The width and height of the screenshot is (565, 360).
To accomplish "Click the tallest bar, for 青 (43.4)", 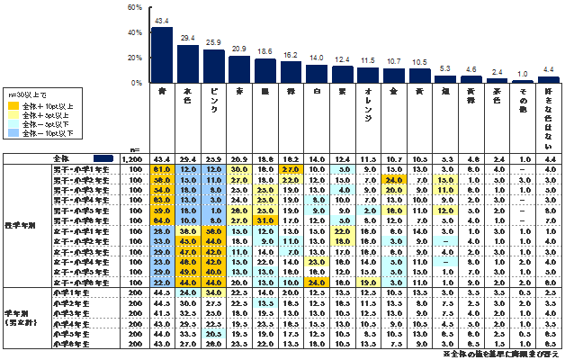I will point(162,55).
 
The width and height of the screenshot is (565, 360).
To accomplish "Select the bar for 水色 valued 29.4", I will point(188,64).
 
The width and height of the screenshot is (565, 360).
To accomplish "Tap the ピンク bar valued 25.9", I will point(214,66).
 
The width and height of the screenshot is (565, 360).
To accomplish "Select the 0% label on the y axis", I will point(136,83).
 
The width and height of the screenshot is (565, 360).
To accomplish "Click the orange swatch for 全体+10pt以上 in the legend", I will point(12,105).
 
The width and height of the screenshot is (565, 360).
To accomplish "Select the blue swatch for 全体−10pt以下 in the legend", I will point(12,132).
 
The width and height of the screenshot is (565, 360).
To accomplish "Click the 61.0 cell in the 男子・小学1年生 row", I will point(162,168).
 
